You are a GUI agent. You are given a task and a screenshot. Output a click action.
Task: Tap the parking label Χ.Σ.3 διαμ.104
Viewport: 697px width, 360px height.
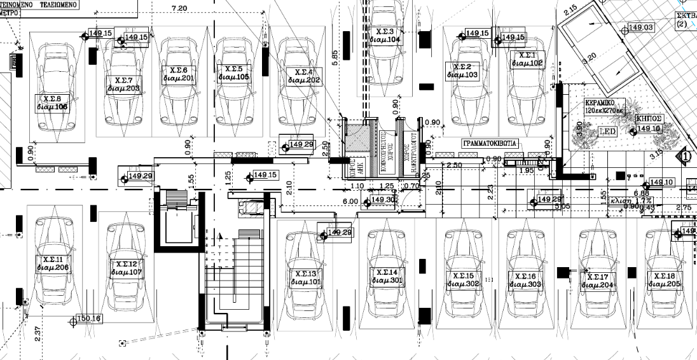coord(385,36)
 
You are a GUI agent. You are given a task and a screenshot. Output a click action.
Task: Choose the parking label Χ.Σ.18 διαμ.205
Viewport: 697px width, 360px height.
coord(665,280)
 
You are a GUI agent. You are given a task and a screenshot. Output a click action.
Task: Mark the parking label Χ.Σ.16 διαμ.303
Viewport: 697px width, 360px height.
coord(525,280)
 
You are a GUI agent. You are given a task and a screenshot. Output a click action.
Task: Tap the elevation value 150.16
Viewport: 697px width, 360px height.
coord(88,319)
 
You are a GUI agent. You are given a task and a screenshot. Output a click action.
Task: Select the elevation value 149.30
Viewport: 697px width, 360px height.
coord(383,200)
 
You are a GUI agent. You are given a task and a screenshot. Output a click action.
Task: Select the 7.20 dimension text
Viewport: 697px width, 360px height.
coord(180,8)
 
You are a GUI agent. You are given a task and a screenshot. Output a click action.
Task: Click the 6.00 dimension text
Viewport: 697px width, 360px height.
coord(350,201)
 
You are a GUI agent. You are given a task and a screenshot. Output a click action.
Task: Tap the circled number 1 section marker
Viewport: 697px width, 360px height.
coord(686,155)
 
